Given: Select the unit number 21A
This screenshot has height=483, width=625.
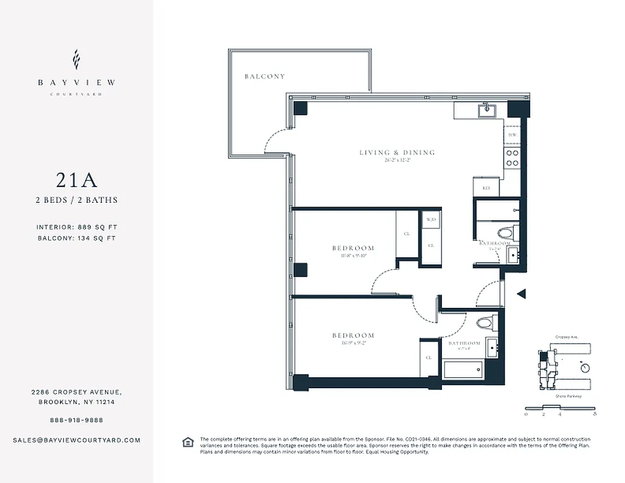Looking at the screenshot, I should (76, 180).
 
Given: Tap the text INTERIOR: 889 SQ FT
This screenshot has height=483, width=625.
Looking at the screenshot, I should (76, 228).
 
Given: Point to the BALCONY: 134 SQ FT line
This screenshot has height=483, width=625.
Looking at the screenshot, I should (76, 238).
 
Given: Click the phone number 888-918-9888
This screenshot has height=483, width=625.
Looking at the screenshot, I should (76, 420).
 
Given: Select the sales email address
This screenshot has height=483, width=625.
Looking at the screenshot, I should (76, 440).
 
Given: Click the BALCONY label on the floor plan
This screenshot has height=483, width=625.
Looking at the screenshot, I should (264, 77).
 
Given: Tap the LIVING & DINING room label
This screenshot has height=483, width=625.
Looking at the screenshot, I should (397, 153).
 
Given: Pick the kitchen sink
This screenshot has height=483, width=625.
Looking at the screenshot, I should (484, 110).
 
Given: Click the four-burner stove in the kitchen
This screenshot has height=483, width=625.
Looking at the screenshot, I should (511, 158).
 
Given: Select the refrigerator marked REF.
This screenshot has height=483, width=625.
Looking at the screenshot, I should (486, 187).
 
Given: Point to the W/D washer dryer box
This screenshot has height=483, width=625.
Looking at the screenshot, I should (431, 220).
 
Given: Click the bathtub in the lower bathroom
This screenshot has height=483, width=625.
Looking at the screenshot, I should (464, 369).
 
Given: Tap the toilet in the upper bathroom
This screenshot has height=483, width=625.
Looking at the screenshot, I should (505, 233).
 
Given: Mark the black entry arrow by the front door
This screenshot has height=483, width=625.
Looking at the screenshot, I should (523, 294).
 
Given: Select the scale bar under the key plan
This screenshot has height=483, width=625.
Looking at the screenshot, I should (560, 408).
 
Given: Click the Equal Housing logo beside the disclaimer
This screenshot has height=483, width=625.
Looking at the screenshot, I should (188, 443).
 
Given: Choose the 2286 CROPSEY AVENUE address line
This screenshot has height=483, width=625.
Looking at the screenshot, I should (76, 392).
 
